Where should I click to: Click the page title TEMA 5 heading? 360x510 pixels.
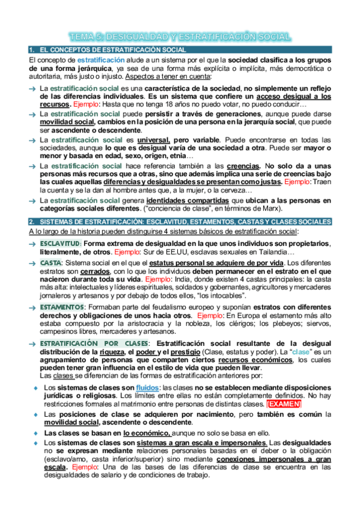pos(180,37)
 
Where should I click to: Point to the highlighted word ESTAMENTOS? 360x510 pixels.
pos(62,307)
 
